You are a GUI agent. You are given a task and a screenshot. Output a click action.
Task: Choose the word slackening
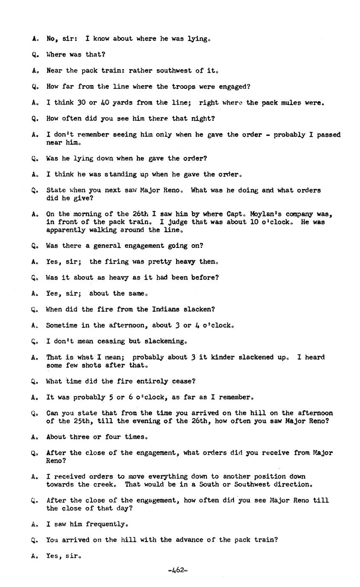[x=166, y=341]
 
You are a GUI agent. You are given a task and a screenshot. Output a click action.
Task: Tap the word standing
[x=122, y=174]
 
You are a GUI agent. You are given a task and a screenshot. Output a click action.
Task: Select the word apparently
[x=66, y=230]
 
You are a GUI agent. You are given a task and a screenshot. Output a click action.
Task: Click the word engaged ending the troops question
[x=234, y=87]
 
